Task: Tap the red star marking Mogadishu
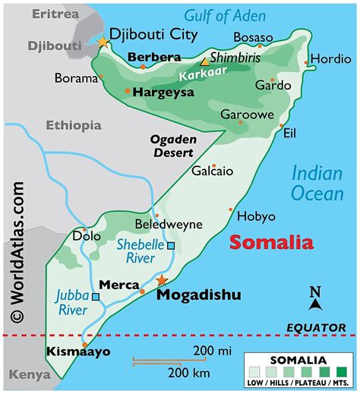pyautogui.click(x=160, y=280)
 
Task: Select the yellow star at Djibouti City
pyautogui.click(x=103, y=42)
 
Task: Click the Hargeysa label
pyautogui.click(x=163, y=92)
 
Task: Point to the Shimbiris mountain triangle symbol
pyautogui.click(x=204, y=63)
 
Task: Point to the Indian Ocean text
pyautogui.click(x=318, y=183)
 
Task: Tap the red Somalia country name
pyautogui.click(x=271, y=243)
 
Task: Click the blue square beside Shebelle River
pyautogui.click(x=171, y=245)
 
